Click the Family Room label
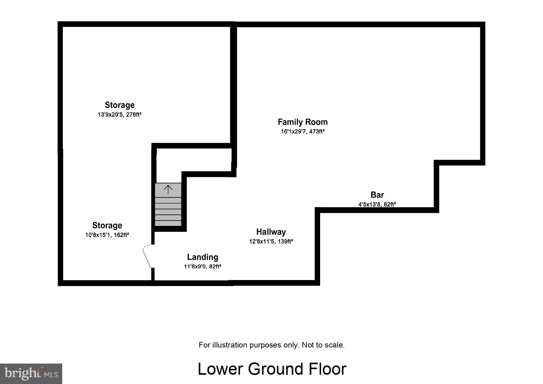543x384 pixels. point(302,122)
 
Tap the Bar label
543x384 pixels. point(377,195)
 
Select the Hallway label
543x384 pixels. point(271,232)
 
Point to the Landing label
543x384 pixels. point(202,257)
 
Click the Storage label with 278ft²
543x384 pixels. point(119,105)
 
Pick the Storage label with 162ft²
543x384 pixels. point(107,225)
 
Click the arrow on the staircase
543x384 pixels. point(168,189)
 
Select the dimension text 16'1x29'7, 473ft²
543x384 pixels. point(302,132)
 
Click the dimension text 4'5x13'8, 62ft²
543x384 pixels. point(377,204)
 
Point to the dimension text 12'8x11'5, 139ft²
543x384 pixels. point(271,241)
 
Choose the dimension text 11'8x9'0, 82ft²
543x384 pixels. point(202,266)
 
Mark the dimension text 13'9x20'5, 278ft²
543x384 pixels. point(119,114)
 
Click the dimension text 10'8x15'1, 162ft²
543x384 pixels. point(107,235)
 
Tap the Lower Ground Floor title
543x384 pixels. point(272,369)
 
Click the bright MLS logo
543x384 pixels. point(31,373)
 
